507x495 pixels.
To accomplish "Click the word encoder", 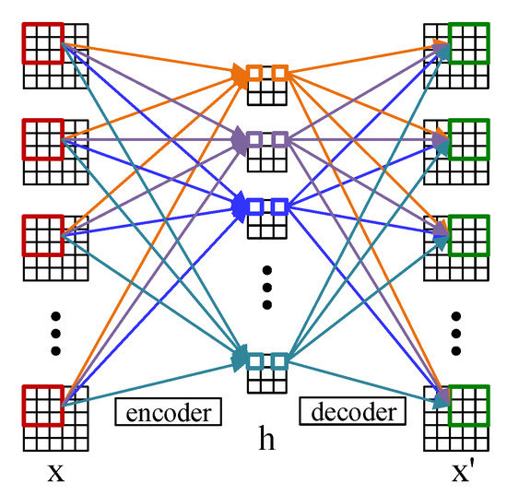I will [170, 411].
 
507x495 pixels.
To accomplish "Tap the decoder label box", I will [353, 411].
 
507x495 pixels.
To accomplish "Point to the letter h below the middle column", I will [266, 441].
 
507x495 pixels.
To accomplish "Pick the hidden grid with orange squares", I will [266, 84].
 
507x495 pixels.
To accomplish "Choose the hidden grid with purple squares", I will [266, 150].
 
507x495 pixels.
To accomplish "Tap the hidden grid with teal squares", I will [266, 371].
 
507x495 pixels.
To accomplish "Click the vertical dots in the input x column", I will [55, 334].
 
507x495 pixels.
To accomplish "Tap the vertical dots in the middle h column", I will [266, 288].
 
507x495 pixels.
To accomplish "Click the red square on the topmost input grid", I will [41, 43].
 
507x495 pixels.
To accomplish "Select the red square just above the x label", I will [41, 404].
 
